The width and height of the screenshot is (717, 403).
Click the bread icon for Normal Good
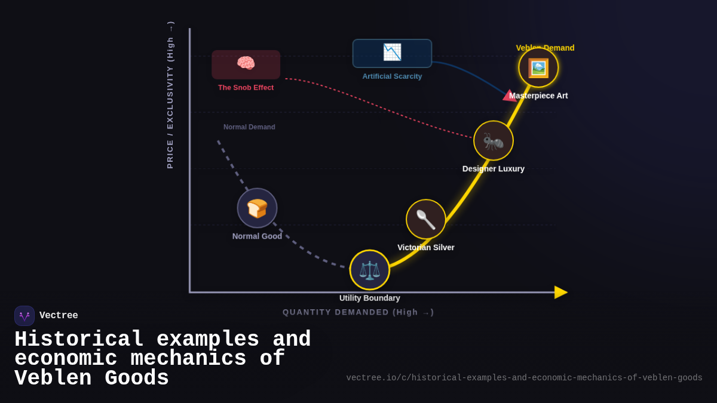point(257,208)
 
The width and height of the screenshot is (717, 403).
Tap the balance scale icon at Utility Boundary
point(370,270)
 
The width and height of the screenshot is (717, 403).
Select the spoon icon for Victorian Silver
point(426,219)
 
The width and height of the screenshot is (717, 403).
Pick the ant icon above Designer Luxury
point(494,141)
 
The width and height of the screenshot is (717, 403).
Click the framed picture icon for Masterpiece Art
point(538,67)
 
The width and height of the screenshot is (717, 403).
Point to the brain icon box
point(246,64)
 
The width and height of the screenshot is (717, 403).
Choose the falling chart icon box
point(392,53)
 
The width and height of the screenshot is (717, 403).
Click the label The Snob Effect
point(246,88)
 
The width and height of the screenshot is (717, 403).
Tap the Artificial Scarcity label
point(392,76)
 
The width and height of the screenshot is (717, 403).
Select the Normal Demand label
point(249,127)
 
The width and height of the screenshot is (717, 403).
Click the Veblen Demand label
point(545,48)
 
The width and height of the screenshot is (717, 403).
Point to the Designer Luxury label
point(494,169)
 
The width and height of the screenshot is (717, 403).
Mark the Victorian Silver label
point(426,248)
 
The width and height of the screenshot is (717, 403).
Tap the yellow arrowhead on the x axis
point(560,292)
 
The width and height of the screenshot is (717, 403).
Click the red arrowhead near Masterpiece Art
point(510,96)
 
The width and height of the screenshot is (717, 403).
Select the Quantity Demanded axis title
point(358,312)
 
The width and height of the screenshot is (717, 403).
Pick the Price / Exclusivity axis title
point(170,96)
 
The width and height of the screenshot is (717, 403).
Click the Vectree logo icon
point(24,316)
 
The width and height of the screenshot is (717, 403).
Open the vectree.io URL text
point(524,378)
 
